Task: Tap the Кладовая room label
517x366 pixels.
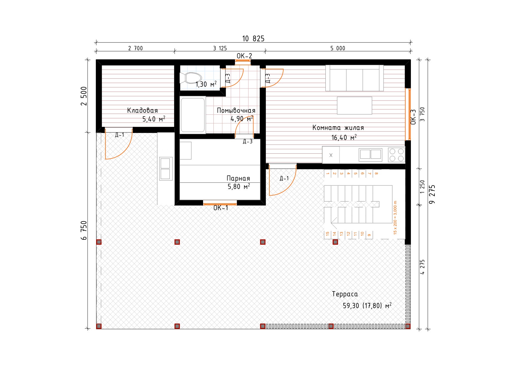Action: [x=142, y=110]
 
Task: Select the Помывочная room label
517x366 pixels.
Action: [x=236, y=110]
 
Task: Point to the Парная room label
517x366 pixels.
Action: [x=238, y=178]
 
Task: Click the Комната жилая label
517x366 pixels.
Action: [x=338, y=128]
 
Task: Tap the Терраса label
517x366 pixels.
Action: [x=345, y=294]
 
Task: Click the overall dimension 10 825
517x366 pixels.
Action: [x=253, y=39]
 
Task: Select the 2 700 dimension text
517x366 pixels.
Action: [x=135, y=48]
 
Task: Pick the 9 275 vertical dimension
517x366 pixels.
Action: [x=432, y=194]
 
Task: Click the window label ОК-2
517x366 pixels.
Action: [x=244, y=56]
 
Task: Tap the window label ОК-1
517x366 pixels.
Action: [x=221, y=208]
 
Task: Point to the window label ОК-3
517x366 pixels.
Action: [x=413, y=117]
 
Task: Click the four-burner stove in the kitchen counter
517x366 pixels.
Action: [x=396, y=155]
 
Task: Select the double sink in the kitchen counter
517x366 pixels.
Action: [x=371, y=155]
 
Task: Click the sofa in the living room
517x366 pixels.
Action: [x=355, y=78]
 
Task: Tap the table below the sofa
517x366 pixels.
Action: [x=355, y=105]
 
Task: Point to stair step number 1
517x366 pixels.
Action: [x=327, y=173]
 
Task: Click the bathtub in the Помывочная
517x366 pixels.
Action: [x=193, y=115]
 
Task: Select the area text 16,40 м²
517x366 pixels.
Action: [x=344, y=137]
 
